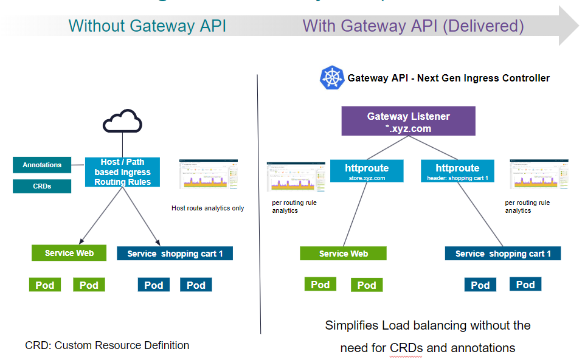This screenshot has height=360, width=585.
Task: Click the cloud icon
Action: point(122,121)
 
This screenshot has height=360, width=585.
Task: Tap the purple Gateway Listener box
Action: point(407,121)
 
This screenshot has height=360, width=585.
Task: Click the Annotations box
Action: point(42,165)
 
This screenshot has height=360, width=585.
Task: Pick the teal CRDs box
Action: point(42,186)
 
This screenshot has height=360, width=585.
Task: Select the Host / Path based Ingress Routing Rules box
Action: point(122,171)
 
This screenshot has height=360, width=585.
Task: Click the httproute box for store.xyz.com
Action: point(367,171)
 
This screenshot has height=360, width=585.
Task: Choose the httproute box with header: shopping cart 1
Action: point(457,171)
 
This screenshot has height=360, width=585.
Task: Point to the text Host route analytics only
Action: point(207,208)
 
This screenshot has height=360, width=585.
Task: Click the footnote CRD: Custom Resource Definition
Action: point(107,345)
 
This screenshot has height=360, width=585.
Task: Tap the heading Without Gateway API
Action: point(147,26)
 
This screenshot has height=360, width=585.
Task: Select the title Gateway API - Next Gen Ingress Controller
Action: point(448,78)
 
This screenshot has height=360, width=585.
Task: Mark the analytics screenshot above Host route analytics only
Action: point(209,175)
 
